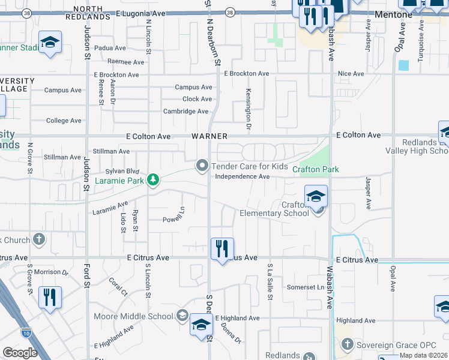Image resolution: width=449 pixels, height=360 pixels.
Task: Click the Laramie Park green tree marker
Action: point(154,179)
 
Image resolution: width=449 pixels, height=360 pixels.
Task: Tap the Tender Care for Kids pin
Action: point(202,166)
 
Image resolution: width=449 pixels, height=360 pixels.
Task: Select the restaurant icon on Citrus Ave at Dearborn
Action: point(222,248)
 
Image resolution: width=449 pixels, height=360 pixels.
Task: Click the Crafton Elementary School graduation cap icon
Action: point(316,196)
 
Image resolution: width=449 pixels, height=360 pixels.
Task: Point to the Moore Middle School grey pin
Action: point(182,316)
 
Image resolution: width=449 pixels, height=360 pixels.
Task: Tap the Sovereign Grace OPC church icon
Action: point(347,344)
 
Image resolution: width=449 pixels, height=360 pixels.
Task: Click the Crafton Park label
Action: point(315,170)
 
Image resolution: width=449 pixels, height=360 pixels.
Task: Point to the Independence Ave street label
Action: point(243,176)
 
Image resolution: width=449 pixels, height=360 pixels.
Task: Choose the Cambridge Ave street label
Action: point(186,111)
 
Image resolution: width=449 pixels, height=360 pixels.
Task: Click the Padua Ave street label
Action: point(127,49)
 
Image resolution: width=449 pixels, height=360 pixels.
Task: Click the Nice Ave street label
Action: point(351,74)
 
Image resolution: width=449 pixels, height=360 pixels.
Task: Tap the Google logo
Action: point(20,353)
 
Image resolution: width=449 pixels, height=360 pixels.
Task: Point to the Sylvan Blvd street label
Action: point(122,171)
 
